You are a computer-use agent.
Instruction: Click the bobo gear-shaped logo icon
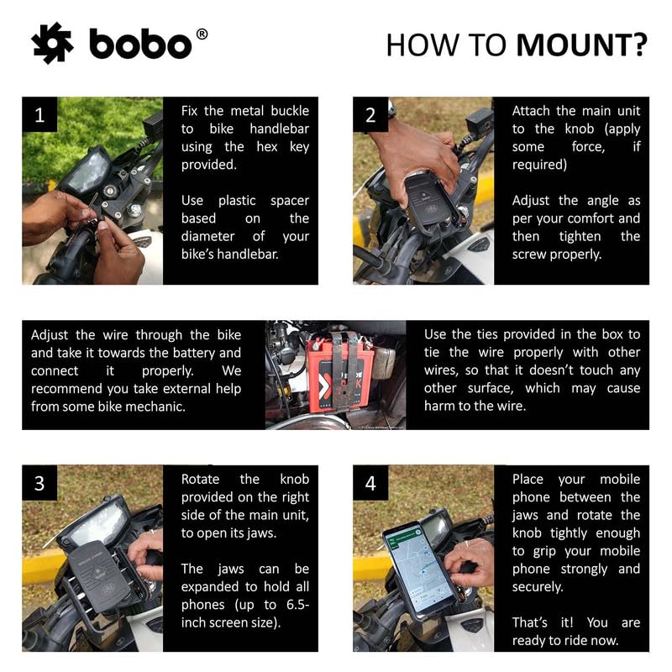pyautogui.click(x=52, y=43)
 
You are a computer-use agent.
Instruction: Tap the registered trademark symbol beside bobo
pyautogui.click(x=202, y=34)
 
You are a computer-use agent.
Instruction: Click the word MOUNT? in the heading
pyautogui.click(x=581, y=45)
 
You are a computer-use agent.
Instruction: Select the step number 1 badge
pyautogui.click(x=39, y=116)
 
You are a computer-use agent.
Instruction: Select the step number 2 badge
pyautogui.click(x=370, y=116)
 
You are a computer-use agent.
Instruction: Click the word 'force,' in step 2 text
pyautogui.click(x=585, y=147)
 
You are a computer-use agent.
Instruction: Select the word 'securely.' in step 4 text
pyautogui.click(x=538, y=586)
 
